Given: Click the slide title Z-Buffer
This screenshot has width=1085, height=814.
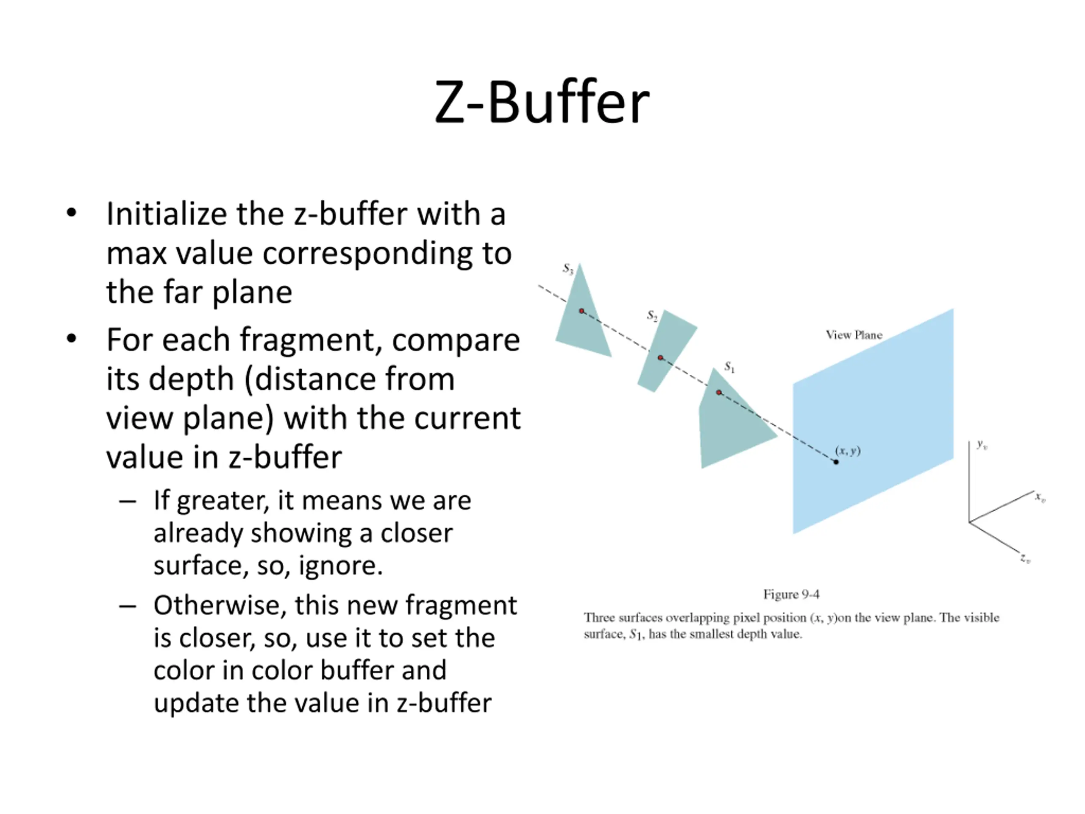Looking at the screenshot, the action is tap(542, 102).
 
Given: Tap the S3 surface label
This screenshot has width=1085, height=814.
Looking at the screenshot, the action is tap(568, 268).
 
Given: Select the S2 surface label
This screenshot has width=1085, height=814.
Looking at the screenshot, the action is tap(652, 315).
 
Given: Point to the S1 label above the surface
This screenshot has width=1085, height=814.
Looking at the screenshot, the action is tap(730, 367).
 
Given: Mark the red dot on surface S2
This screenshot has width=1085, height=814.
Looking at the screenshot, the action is tap(660, 358).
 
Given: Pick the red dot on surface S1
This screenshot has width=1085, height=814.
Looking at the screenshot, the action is tap(718, 393).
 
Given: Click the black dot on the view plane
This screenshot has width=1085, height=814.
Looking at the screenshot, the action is tap(836, 462).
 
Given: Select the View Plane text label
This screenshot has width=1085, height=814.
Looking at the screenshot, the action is tap(854, 335).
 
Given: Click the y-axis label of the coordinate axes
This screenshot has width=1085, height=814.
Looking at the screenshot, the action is tap(982, 445).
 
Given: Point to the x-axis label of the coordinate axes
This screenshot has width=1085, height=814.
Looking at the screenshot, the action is tap(1040, 498).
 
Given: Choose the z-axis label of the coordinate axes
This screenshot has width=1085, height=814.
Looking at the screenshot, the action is tap(1026, 558).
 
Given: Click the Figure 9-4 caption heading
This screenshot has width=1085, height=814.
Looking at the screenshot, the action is tap(791, 595).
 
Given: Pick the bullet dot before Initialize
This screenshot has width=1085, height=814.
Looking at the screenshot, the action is tap(72, 213).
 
